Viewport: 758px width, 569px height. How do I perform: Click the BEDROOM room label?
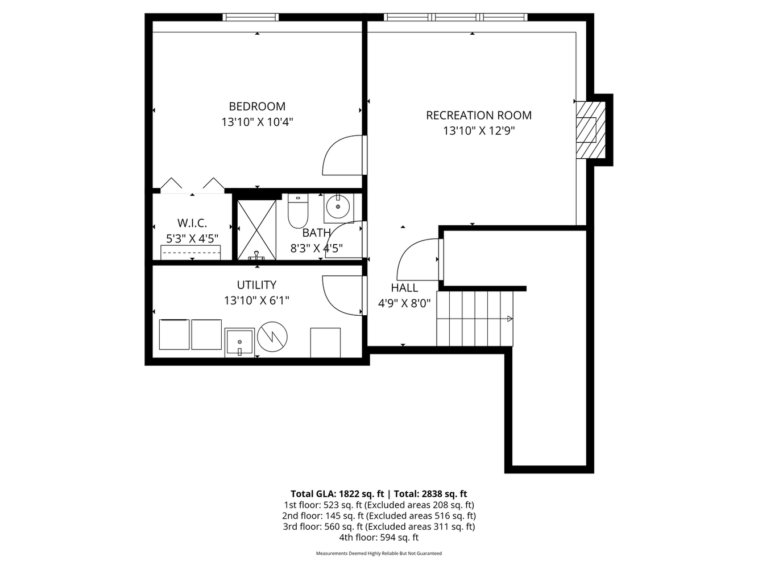point(257,106)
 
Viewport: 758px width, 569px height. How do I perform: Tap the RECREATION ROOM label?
point(479,116)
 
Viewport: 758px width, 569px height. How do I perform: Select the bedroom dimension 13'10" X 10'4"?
point(257,122)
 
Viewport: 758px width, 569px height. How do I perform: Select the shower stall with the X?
point(256,229)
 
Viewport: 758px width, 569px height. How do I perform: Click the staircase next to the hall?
point(474,318)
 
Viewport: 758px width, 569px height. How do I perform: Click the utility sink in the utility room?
point(239,342)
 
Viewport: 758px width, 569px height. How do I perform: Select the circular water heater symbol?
point(272,337)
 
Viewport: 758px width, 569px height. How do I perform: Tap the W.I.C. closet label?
point(192,223)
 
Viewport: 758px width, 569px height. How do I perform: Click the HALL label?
point(404,288)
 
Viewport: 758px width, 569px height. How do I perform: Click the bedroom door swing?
point(343,155)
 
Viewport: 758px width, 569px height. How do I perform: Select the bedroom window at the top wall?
point(250,17)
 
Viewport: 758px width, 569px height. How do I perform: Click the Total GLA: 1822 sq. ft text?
point(337,494)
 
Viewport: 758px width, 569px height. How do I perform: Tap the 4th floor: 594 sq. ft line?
point(379,537)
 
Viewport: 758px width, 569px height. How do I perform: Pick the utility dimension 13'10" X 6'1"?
point(256,300)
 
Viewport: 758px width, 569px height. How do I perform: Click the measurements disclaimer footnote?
point(379,553)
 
